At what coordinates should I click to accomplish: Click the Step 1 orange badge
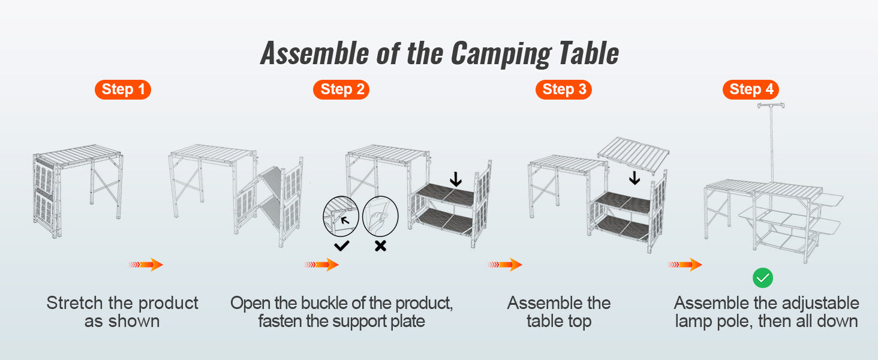123,90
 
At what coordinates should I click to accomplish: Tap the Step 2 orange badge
341,90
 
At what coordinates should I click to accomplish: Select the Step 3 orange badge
564,90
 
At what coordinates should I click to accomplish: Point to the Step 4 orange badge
751,90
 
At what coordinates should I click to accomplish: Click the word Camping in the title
500,54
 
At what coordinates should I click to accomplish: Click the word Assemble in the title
314,54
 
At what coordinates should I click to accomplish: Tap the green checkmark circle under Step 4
763,278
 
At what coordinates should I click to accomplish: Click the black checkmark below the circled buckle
342,245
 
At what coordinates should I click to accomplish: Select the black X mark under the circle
380,245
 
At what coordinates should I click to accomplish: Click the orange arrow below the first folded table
146,265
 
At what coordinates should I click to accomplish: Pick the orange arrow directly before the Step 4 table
685,265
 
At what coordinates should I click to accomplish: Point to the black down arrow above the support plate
456,179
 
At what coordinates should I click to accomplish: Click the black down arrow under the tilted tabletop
634,178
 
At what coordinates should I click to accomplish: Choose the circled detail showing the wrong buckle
380,216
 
